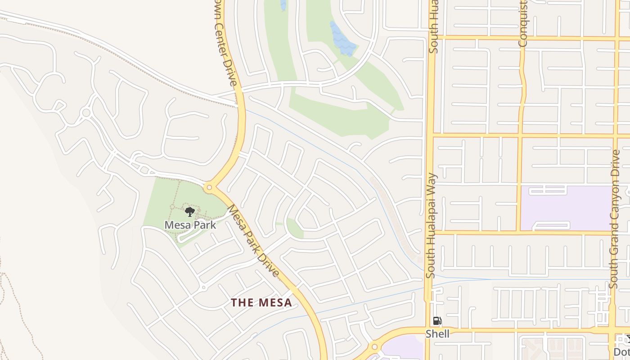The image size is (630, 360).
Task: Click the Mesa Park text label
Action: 190,225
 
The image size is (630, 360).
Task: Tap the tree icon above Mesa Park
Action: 190,211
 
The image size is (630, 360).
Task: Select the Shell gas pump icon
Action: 437,321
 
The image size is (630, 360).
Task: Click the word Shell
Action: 437,334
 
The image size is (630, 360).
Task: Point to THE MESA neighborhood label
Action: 261,302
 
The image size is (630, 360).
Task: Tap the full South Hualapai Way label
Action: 431,225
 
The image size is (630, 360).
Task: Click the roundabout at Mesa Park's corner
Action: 209,187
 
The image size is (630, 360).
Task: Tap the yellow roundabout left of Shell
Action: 374,347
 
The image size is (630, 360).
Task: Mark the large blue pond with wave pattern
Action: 343,39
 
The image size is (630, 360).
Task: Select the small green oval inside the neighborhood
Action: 295,229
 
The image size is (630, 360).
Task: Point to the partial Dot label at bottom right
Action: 622,351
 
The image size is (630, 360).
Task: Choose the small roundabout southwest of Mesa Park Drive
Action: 204,287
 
